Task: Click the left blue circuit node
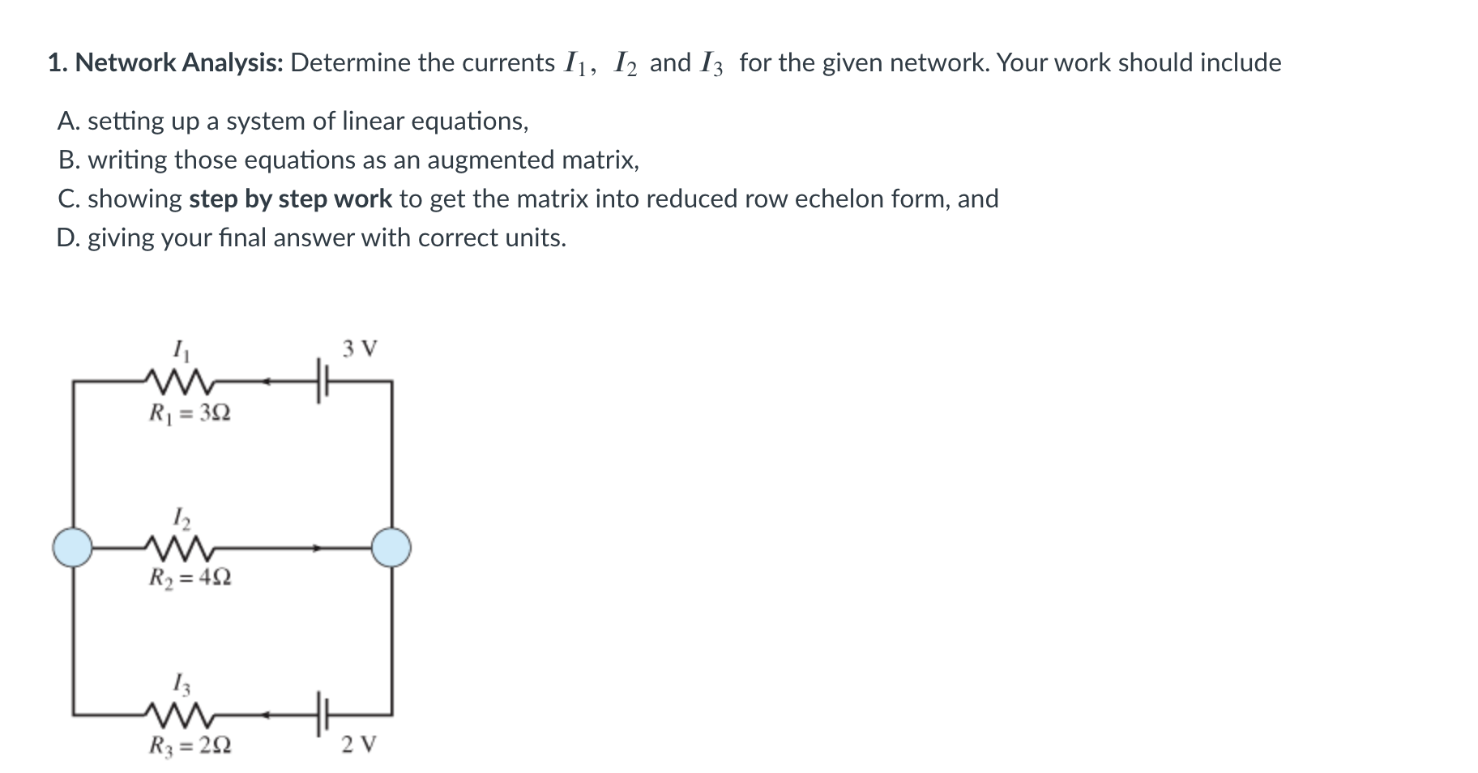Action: pos(73,546)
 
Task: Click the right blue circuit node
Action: pos(391,546)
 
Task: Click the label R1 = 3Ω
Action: pos(190,413)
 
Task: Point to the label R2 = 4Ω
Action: pos(190,578)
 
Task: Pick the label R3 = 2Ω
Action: pos(190,744)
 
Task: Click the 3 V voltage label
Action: pos(359,349)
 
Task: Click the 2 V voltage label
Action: pos(359,744)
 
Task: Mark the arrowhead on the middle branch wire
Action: pos(318,549)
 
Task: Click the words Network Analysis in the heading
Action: pos(178,62)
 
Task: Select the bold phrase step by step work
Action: pos(290,199)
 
